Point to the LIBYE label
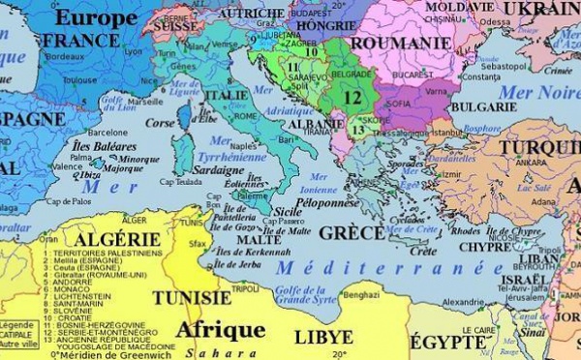pos(323,338)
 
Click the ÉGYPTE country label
pos(448,342)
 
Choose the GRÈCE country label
pos(352,233)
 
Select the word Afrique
pos(220,329)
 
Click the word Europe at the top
pos(96,16)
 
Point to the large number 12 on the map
pos(352,98)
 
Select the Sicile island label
pos(290,209)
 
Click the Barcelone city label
pos(107,132)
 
